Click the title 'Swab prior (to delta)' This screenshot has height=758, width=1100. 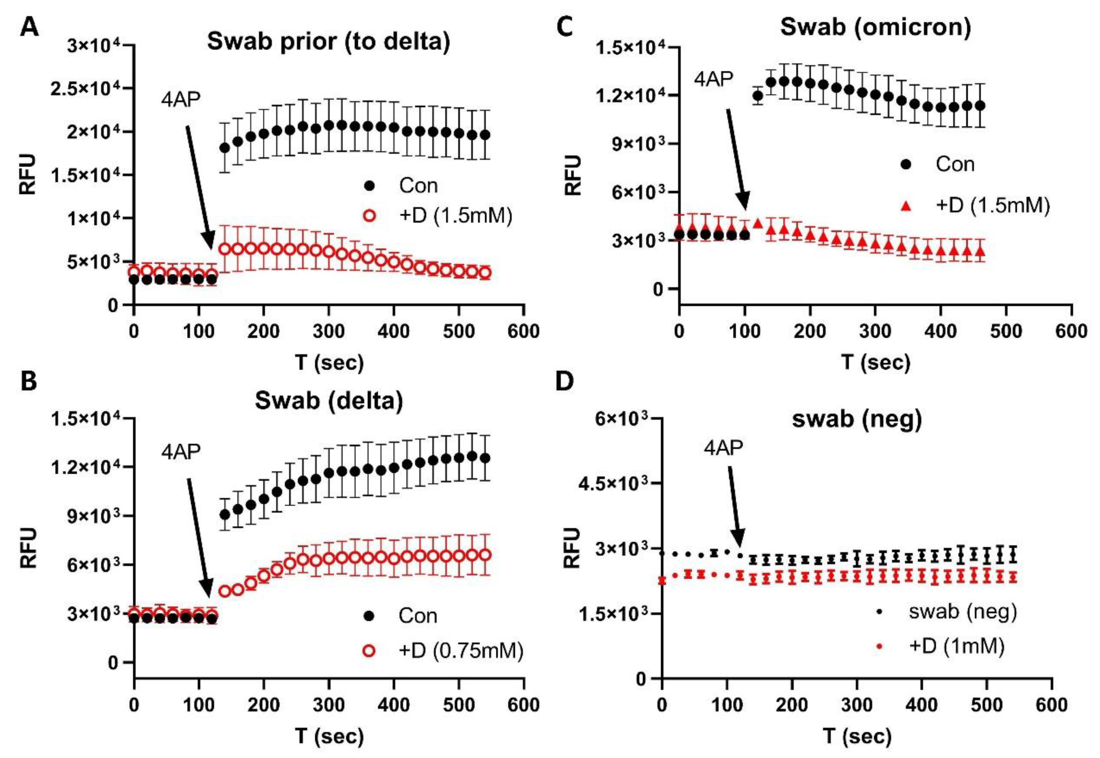[x=328, y=42]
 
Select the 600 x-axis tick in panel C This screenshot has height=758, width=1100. [x=1071, y=331]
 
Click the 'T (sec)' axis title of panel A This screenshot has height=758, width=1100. [x=329, y=363]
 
